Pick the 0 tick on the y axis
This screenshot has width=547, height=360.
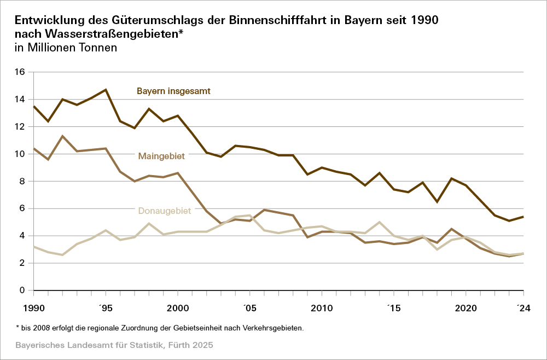(x=22, y=291)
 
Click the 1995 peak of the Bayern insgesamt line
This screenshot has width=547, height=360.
(x=106, y=90)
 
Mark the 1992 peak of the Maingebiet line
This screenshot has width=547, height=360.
(x=62, y=136)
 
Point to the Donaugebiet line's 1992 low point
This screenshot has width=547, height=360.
(x=62, y=255)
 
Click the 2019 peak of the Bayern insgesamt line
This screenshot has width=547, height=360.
(x=451, y=178)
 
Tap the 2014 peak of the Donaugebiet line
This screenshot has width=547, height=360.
(x=380, y=222)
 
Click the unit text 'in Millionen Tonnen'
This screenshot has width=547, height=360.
(x=66, y=48)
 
